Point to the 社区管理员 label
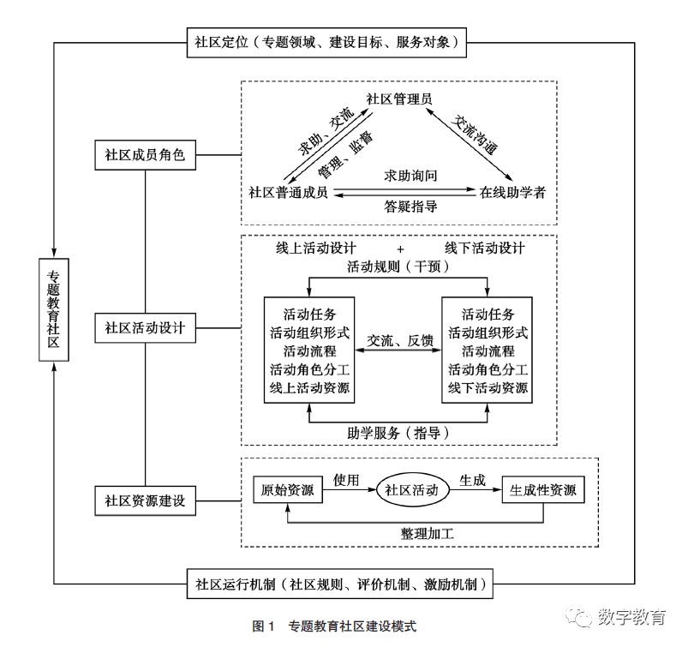click(x=398, y=99)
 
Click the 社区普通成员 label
click(x=289, y=191)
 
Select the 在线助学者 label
click(x=512, y=191)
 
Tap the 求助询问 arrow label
click(x=411, y=177)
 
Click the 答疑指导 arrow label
click(x=411, y=207)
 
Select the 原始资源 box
click(x=287, y=491)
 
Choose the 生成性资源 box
click(x=542, y=491)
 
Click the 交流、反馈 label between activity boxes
click(x=400, y=341)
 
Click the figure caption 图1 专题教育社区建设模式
click(x=334, y=626)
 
